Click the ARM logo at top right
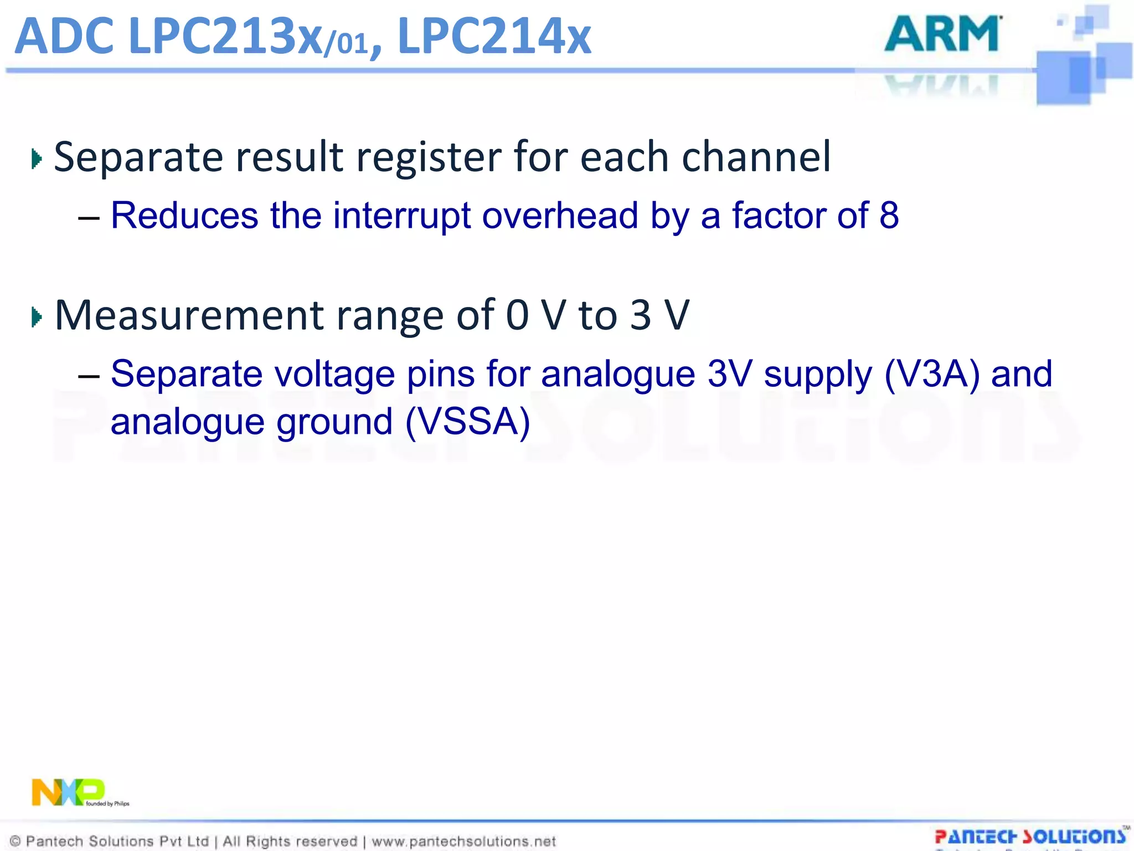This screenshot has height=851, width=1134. (x=942, y=34)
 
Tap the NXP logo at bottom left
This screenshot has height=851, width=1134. (x=68, y=792)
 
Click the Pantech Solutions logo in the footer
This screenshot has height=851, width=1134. (x=1030, y=837)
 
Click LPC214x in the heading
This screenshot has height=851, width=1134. (x=494, y=37)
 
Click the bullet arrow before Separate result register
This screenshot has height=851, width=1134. (x=37, y=160)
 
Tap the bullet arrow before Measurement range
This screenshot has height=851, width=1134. (x=37, y=317)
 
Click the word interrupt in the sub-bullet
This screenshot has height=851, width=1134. (x=401, y=215)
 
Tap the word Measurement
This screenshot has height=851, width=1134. (x=189, y=315)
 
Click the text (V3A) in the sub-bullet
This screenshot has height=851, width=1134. (x=932, y=373)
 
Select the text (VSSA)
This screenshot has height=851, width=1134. (x=468, y=422)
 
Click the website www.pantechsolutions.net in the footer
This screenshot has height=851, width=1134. (x=463, y=842)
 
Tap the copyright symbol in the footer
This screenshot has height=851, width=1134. (x=16, y=842)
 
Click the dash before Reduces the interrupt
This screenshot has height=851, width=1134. (x=89, y=217)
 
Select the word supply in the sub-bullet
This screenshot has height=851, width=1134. (x=817, y=375)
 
